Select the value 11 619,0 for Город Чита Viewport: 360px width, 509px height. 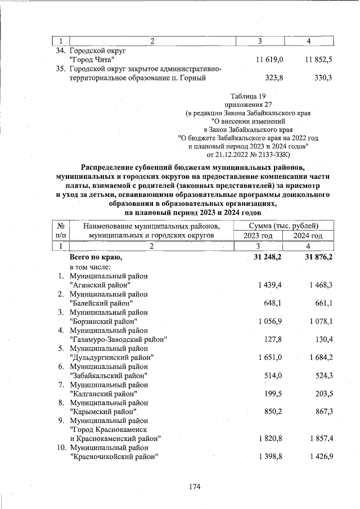[269, 59]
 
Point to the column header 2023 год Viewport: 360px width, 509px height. [258, 236]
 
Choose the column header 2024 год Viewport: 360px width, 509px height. [308, 236]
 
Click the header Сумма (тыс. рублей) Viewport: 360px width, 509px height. [282, 226]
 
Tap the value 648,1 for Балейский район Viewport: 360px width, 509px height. [272, 304]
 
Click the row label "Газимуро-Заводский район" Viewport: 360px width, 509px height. [118, 339]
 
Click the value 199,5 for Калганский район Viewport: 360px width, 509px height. [272, 393]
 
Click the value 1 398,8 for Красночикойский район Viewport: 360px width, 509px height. [269, 456]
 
